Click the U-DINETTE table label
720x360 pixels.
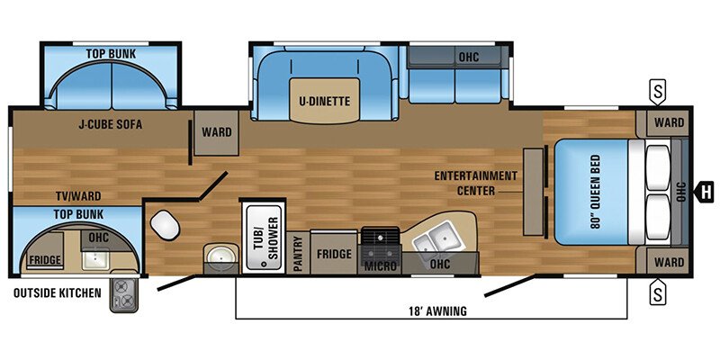pyautogui.click(x=325, y=100)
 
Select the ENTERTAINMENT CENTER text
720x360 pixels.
pyautogui.click(x=474, y=183)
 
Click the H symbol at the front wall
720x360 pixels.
pyautogui.click(x=706, y=190)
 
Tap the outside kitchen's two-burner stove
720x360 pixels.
pyautogui.click(x=121, y=295)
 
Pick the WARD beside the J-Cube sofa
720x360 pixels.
pyautogui.click(x=216, y=132)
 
